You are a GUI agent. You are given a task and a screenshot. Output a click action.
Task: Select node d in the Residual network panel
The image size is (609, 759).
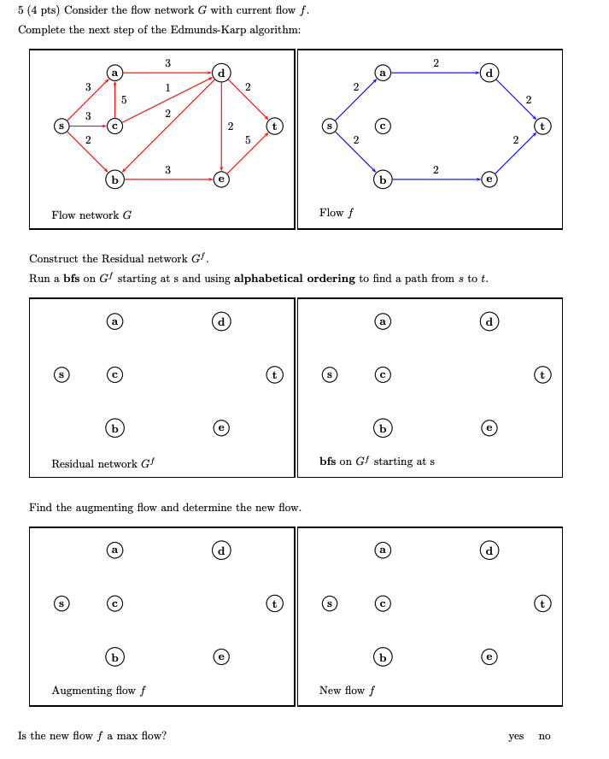click(x=221, y=321)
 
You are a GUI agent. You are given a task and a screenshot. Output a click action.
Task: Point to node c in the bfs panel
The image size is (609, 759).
click(x=384, y=374)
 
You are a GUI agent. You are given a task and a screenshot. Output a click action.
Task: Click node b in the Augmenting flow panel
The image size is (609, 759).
click(x=113, y=656)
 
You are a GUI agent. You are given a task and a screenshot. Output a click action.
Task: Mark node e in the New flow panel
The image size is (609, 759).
click(x=489, y=656)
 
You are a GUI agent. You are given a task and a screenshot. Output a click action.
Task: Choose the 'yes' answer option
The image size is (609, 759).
click(x=516, y=736)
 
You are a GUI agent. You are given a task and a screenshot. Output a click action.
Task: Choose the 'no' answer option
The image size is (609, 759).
click(x=545, y=736)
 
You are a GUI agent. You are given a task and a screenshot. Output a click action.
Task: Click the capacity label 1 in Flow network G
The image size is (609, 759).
click(x=167, y=87)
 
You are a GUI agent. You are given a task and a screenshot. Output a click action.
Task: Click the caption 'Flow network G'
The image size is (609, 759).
click(x=91, y=215)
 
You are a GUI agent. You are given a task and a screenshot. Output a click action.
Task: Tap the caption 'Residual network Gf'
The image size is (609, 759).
click(x=103, y=464)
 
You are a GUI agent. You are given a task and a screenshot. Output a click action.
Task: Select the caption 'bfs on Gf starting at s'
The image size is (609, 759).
click(x=377, y=462)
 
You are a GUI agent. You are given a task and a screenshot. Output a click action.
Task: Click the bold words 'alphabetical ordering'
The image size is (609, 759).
click(x=294, y=279)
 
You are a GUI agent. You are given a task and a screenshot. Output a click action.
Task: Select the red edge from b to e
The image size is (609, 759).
click(x=167, y=180)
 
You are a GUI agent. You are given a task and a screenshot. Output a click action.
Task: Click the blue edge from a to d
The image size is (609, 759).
click(x=436, y=74)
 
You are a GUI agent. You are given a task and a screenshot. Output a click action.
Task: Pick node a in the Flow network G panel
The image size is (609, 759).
click(x=113, y=74)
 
